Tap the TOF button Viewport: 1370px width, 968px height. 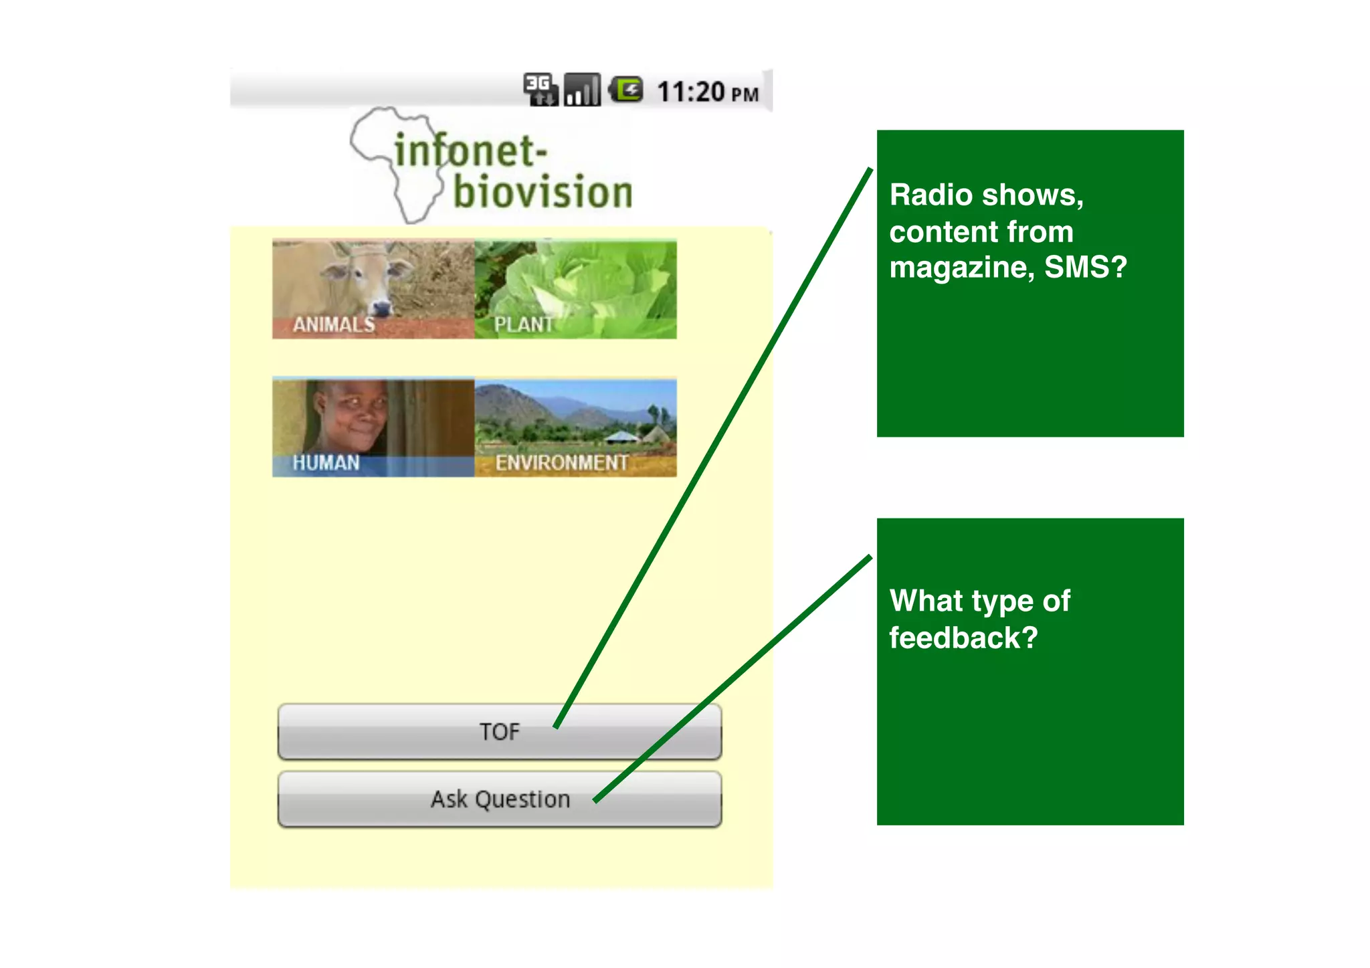point(499,732)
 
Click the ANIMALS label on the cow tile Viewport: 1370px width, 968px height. point(334,324)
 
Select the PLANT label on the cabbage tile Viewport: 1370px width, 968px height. point(523,324)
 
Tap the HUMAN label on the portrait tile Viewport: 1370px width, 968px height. point(326,463)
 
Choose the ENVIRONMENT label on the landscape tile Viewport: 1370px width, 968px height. point(561,463)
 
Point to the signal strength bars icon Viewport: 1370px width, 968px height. point(581,90)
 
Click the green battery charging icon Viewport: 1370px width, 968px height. point(627,90)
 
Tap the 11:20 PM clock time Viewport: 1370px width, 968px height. point(708,92)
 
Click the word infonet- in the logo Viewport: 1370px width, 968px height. point(470,151)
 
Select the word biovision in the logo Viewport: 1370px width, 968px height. point(543,193)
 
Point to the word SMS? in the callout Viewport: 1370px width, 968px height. point(1085,268)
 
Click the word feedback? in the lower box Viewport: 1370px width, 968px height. point(963,638)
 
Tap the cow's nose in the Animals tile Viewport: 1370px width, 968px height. point(381,308)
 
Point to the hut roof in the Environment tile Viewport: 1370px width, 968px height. point(623,436)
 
